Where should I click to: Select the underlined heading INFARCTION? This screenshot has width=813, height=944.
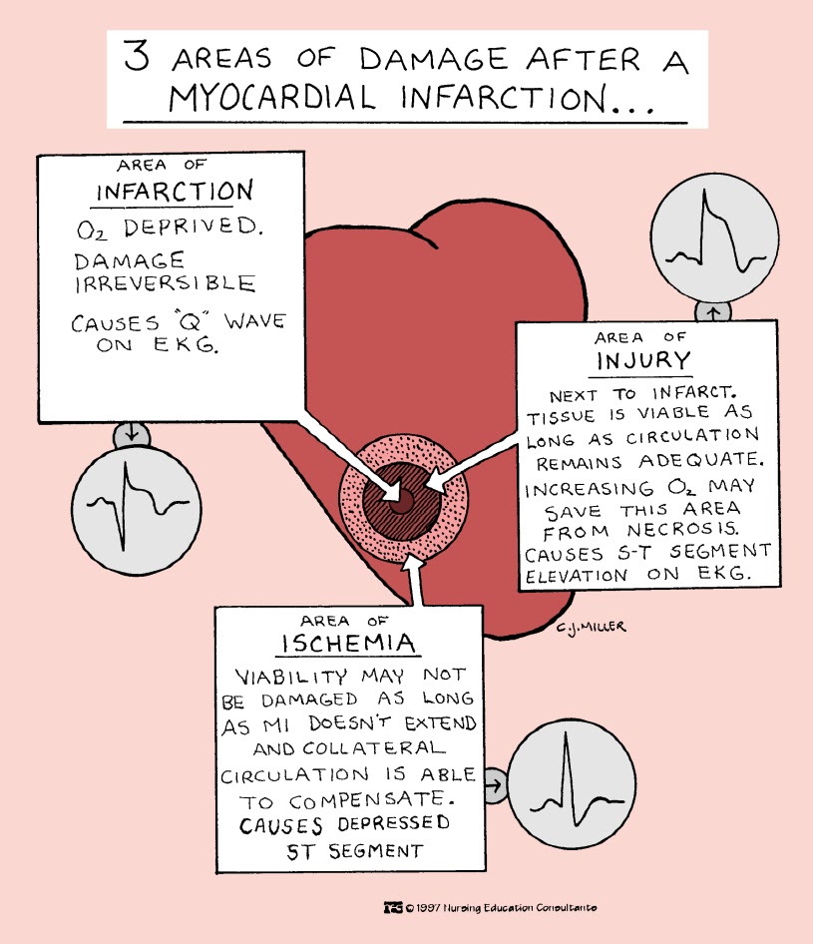click(174, 190)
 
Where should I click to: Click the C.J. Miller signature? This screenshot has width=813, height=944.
click(595, 627)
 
